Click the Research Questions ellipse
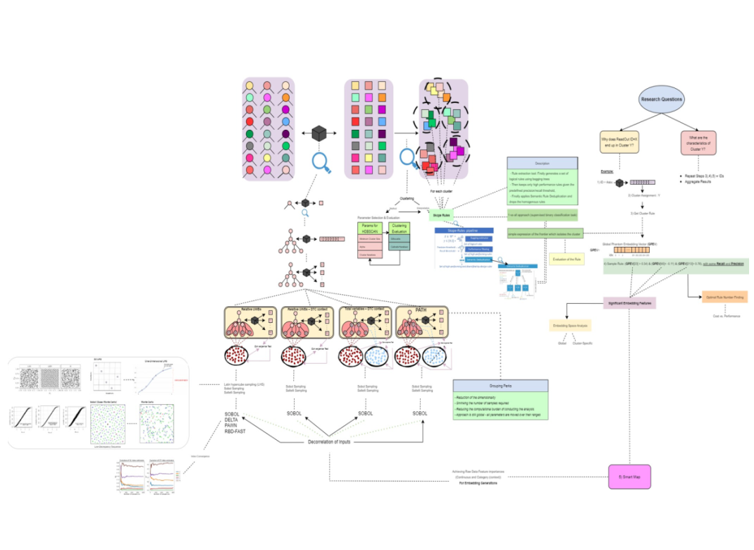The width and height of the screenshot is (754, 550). pyautogui.click(x=661, y=99)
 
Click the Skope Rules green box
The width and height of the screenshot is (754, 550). pyautogui.click(x=442, y=214)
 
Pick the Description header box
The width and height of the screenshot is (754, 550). pyautogui.click(x=542, y=164)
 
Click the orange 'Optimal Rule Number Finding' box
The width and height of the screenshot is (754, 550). pyautogui.click(x=724, y=298)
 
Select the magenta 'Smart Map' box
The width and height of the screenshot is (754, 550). pyautogui.click(x=629, y=477)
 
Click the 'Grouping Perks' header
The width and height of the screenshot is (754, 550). pyautogui.click(x=500, y=386)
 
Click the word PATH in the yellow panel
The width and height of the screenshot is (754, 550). pyautogui.click(x=421, y=310)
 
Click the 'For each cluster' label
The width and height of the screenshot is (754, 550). pyautogui.click(x=442, y=191)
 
